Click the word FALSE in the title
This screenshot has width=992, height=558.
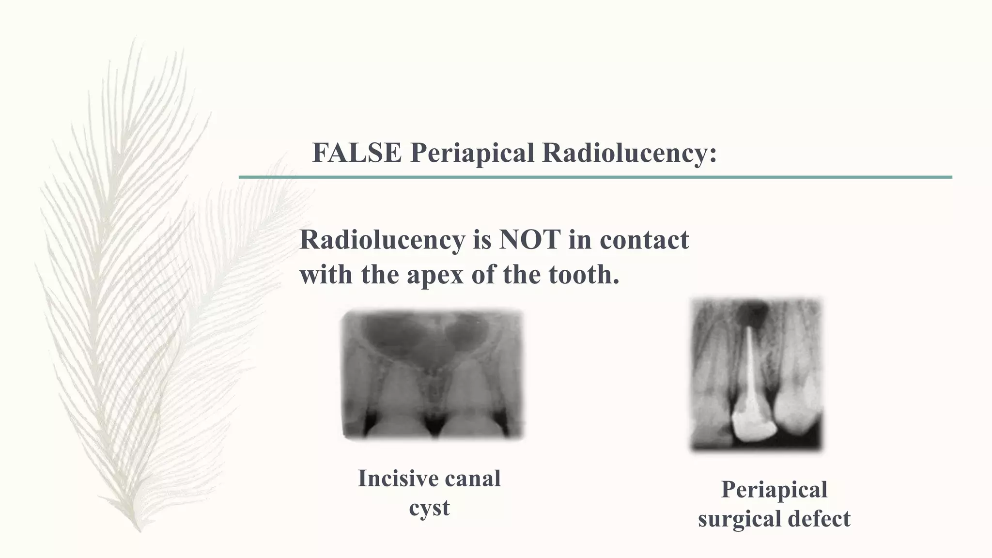[x=356, y=153]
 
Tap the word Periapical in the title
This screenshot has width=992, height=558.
[x=472, y=153]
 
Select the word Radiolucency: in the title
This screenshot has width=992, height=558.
[x=629, y=153]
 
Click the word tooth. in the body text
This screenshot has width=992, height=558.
[x=584, y=275]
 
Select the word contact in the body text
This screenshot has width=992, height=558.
[x=644, y=239]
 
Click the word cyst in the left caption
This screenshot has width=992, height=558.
[x=429, y=508]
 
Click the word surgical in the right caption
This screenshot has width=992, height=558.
[x=739, y=519]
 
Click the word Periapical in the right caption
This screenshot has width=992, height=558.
[x=774, y=489]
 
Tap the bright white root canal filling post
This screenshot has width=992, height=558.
[x=750, y=368]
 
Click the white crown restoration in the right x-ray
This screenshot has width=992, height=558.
[x=751, y=424]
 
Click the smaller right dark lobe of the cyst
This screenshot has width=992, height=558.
[x=465, y=332]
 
